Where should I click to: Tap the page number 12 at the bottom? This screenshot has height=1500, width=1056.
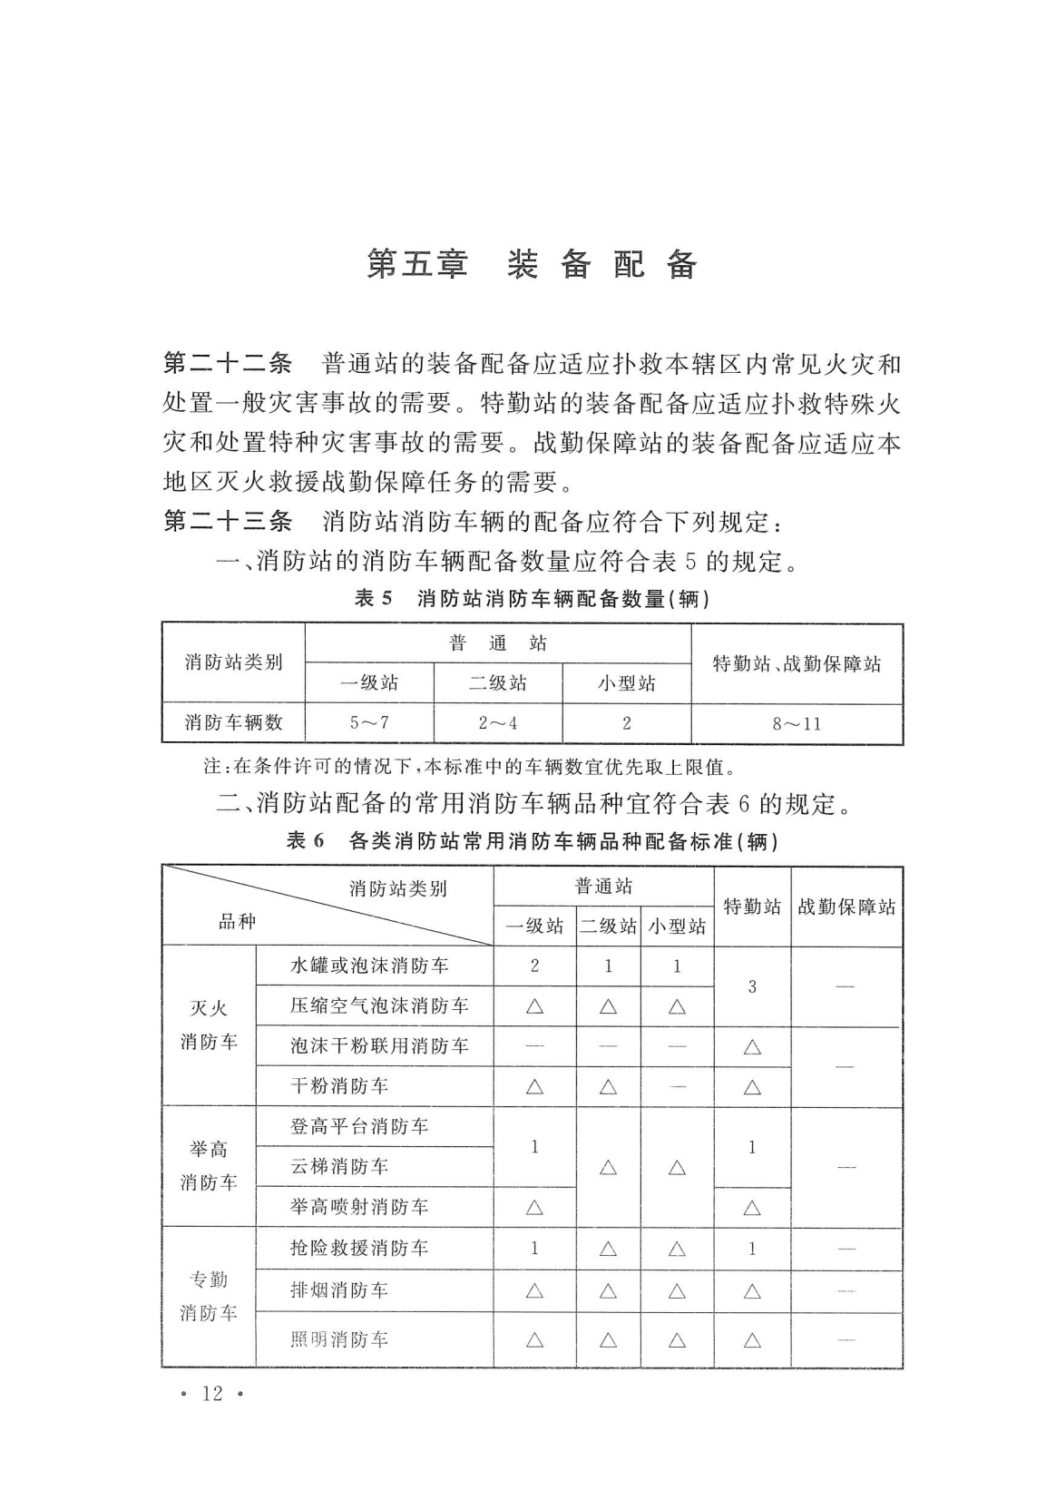[x=212, y=1393]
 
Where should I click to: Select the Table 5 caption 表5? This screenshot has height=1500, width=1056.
[x=375, y=599]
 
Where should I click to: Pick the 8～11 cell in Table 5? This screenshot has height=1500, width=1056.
[x=797, y=723]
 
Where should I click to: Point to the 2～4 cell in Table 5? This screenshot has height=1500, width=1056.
[x=497, y=723]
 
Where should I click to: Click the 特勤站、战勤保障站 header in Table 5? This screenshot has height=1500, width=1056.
[x=797, y=663]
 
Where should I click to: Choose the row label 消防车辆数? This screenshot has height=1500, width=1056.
[x=233, y=722]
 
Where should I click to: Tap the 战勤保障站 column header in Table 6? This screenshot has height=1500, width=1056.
[x=846, y=907]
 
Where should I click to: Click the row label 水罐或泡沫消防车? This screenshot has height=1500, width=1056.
[x=369, y=966]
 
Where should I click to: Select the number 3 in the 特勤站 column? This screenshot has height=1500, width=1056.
[x=752, y=986]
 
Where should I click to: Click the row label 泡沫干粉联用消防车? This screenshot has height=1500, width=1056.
[x=379, y=1045]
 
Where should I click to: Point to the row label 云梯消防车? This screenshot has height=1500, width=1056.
[x=339, y=1166]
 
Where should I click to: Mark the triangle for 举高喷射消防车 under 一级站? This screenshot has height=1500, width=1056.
[x=534, y=1208]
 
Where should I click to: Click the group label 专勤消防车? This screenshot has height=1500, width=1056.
[x=209, y=1296]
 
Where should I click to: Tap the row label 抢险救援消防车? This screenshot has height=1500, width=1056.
[x=359, y=1248]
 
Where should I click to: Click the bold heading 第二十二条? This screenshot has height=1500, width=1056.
[x=227, y=364]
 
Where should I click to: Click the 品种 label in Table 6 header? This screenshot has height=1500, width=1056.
[x=238, y=922]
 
